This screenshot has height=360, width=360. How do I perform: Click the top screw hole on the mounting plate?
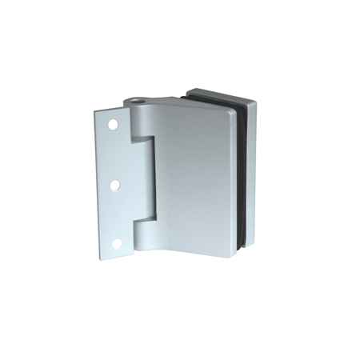[112, 126]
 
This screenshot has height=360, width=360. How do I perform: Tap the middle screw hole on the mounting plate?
[114, 185]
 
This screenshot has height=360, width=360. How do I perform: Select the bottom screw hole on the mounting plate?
[117, 242]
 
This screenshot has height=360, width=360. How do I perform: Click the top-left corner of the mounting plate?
[96, 111]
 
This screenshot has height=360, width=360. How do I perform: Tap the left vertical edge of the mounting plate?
[98, 184]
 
